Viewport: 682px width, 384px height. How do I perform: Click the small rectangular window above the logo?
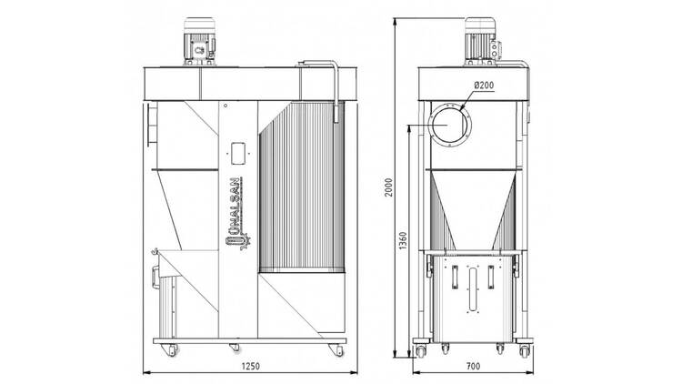tap(239, 150)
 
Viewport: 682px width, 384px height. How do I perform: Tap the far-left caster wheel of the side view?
tap(421, 349)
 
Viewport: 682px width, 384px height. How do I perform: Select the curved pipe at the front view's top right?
tap(332, 82)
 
